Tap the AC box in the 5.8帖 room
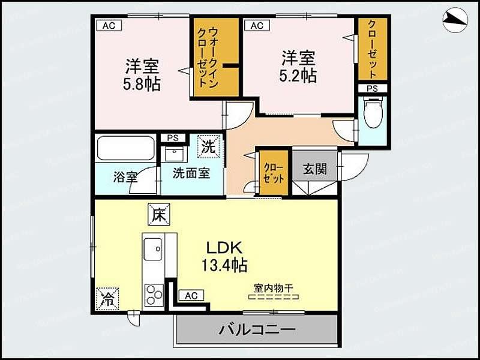pos(107,25)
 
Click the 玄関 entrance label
pos(314,169)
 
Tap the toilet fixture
pos(373,113)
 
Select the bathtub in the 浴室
pos(126,148)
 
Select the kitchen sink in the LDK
pos(152,247)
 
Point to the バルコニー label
pos(256,329)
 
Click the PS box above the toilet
pos(373,88)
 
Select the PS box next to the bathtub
pos(173,138)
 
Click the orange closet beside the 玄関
pos(274,172)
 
